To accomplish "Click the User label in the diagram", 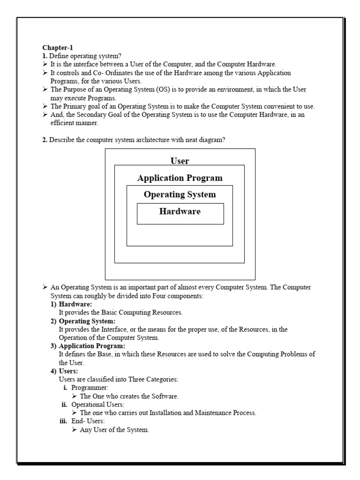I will click(180, 161).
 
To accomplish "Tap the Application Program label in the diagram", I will click(180, 178).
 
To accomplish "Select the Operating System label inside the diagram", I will click(180, 195).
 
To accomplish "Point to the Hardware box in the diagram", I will click(180, 213).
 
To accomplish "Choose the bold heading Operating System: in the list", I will click(87, 321).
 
